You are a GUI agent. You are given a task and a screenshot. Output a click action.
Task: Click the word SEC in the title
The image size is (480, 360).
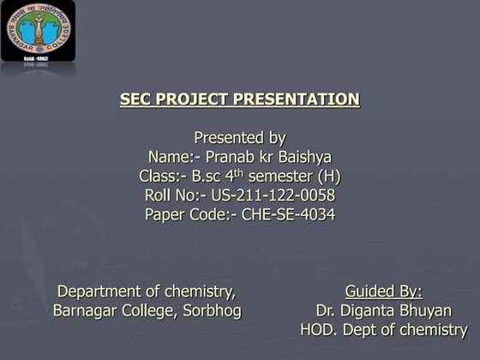coord(135,99)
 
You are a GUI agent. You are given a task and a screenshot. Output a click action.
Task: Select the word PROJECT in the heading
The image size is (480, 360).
coord(194,99)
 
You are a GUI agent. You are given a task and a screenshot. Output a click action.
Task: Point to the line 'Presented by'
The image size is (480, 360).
coord(240,138)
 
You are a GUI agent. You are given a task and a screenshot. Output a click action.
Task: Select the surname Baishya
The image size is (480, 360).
coord(302,158)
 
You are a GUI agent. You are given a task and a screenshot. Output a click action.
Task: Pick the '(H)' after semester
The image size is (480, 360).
coord(331,177)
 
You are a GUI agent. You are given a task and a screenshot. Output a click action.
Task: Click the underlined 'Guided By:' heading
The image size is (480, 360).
coord(383,291)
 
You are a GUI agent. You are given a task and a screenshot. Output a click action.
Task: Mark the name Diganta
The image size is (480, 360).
coord(369,310)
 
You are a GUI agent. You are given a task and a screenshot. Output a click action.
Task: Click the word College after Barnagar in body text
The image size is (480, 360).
coord(147,310)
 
